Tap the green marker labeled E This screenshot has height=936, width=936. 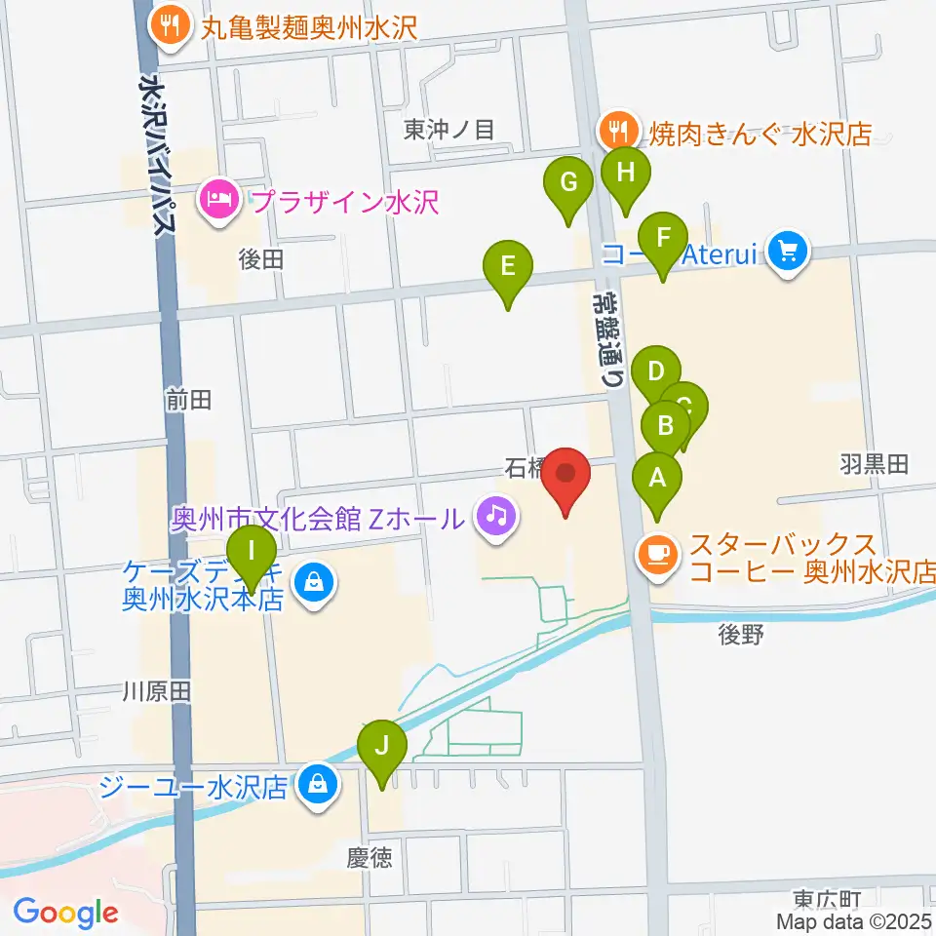(508, 266)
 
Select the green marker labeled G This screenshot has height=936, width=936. (569, 183)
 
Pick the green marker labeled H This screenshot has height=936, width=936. (626, 174)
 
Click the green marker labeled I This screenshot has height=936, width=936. (253, 552)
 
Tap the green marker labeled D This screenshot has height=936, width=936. (656, 371)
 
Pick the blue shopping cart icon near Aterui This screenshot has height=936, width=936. (788, 253)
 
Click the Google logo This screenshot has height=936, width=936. (65, 913)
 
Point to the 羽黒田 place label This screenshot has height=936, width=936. (874, 464)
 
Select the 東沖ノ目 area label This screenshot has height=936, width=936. (450, 129)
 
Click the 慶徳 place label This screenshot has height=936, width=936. (370, 858)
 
